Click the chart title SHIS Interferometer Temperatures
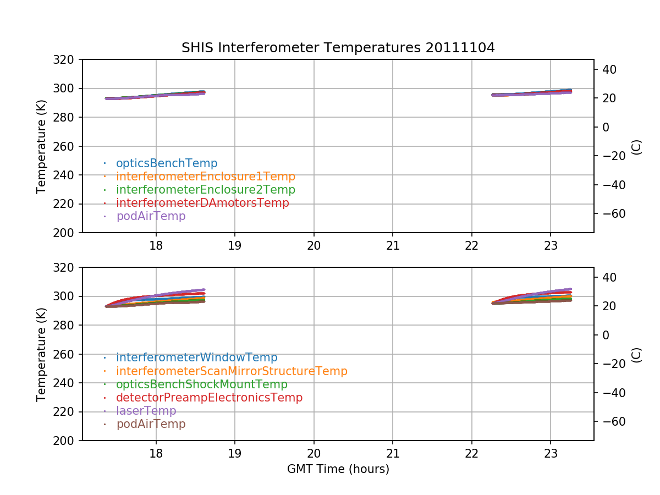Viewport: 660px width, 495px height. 338,48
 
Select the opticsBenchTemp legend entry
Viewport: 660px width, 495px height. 167,163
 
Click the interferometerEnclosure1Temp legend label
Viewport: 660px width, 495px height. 206,177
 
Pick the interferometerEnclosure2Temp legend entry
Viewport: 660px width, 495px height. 206,190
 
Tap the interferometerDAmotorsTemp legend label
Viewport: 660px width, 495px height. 202,203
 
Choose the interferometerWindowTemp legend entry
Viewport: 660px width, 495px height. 197,358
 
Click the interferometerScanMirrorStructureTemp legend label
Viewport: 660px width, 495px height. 232,371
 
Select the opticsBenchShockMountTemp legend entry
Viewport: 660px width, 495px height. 202,384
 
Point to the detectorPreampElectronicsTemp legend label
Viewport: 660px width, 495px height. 209,398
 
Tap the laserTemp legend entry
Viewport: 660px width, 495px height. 146,411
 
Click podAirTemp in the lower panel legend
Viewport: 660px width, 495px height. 151,424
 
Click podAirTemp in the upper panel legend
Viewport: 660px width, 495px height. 151,216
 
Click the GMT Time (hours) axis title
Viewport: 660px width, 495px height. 338,469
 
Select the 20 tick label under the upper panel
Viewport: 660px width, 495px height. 314,245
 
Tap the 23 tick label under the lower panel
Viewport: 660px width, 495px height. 551,453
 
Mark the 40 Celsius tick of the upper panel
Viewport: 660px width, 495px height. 608,69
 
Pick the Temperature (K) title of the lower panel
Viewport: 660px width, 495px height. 42,354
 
